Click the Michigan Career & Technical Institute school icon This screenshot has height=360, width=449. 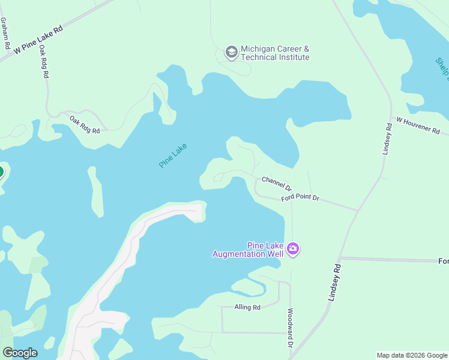231,53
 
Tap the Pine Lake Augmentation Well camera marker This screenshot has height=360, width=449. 292,248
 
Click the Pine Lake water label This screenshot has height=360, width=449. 173,155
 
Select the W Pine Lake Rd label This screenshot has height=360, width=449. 38,38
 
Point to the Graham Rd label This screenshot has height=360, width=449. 5,33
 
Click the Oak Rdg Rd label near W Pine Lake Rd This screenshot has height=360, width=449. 44,63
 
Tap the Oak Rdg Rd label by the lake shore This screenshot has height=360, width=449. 84,124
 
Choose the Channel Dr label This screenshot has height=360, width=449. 276,184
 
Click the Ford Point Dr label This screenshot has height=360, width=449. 300,197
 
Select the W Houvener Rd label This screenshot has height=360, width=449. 415,126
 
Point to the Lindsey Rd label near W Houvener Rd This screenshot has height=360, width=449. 388,139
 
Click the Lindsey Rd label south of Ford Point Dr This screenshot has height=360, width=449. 334,282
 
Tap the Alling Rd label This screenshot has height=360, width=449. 247,308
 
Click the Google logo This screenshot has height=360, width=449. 20,353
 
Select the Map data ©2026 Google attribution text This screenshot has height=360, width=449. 412,355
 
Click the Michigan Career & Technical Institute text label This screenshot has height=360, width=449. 275,53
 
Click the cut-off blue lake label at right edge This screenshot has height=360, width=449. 442,71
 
